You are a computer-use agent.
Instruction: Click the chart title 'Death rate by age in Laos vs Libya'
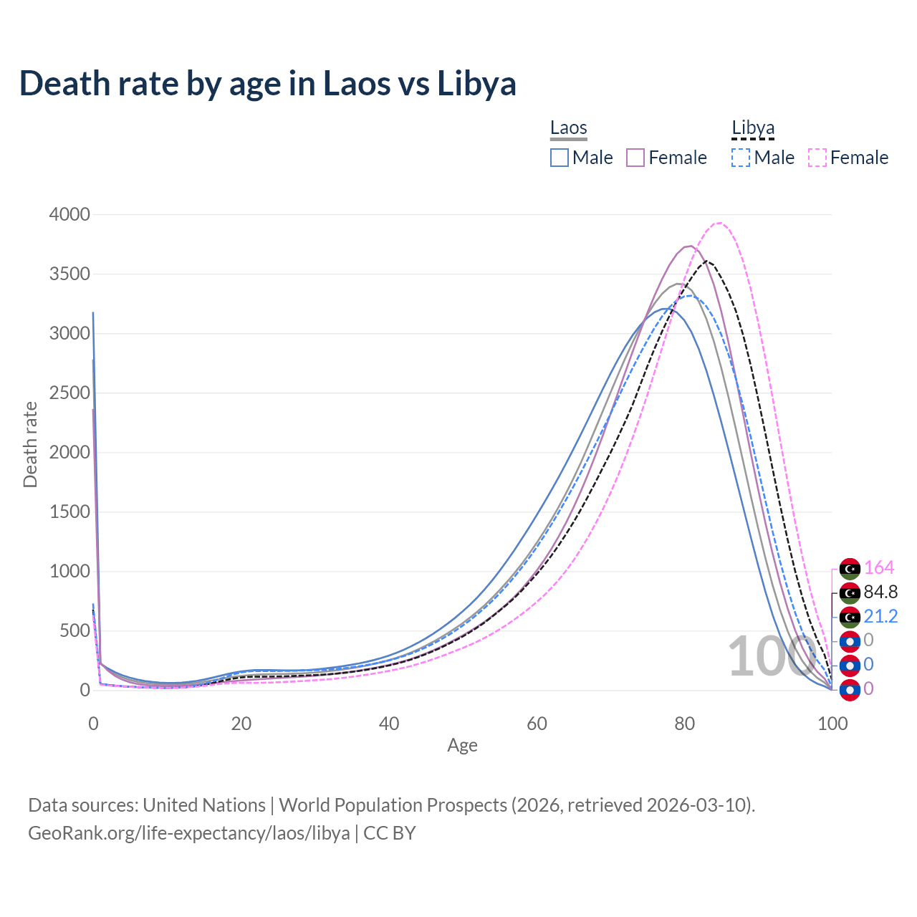pos(267,84)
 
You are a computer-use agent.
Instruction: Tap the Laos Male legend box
pos(560,158)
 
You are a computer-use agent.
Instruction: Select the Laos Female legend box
pos(635,158)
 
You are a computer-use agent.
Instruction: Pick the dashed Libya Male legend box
pos(741,158)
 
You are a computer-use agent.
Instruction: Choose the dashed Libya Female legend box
pos(817,158)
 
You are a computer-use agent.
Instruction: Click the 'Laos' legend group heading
pos(569,128)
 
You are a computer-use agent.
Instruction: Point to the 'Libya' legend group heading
pos(753,128)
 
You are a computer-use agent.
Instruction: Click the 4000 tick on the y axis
pos(69,215)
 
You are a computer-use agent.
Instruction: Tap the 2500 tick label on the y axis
pos(69,393)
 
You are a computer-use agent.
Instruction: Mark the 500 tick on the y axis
pos(75,631)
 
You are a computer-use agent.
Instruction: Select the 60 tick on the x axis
pos(537,724)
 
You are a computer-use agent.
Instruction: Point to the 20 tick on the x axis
pos(241,724)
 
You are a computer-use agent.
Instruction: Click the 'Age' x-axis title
pos(462,746)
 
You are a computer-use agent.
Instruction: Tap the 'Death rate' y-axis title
pos(30,444)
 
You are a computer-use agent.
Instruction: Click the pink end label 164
pos(879,568)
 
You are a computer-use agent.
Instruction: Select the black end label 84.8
pos(880,592)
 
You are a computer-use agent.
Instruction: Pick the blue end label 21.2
pos(880,617)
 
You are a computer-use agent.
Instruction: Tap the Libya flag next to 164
pos(850,569)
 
